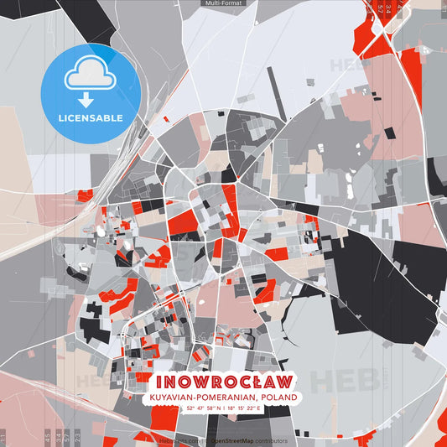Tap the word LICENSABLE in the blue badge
[x=91, y=117]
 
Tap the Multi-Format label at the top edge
[x=223, y=3]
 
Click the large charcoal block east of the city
[x=369, y=281]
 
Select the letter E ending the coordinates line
[x=259, y=408]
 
